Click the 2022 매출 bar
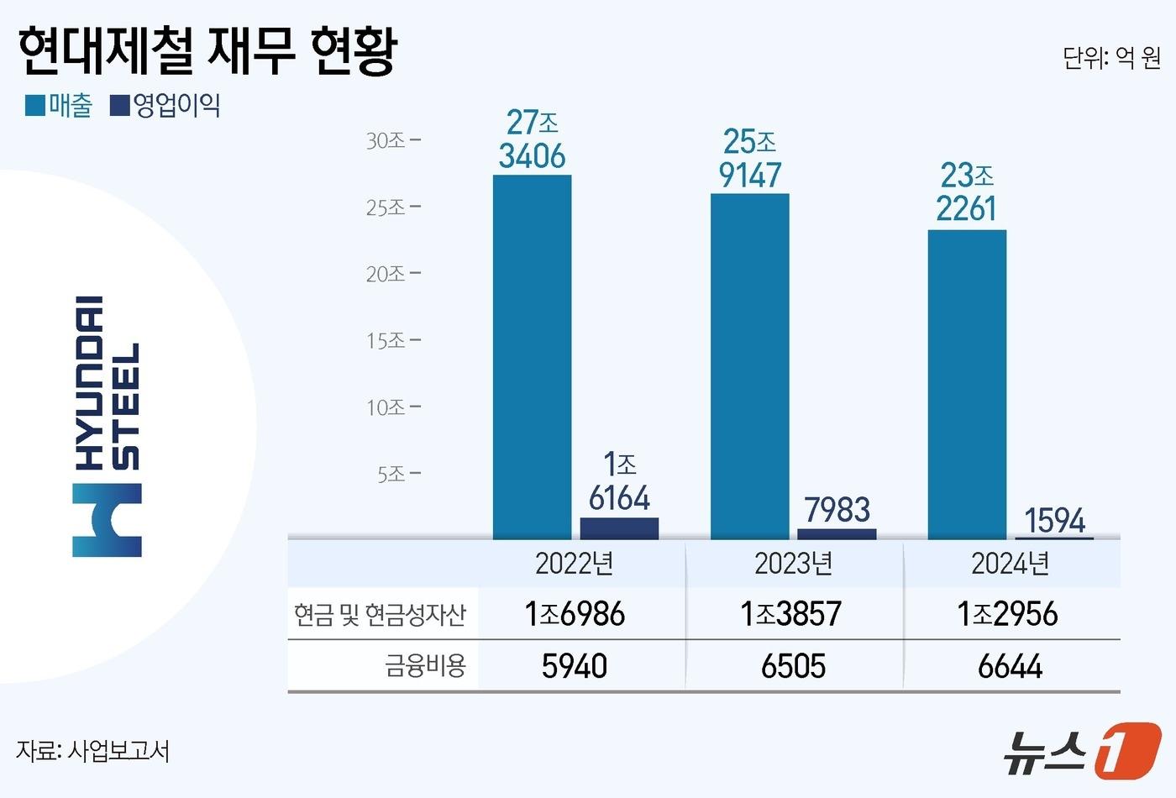(532, 357)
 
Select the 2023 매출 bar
(749, 366)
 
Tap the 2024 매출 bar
(967, 385)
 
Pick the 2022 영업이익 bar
(619, 528)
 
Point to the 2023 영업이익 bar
(836, 534)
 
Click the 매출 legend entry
(59, 106)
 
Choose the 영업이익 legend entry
(165, 106)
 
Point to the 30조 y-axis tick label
(386, 141)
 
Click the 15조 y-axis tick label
(386, 341)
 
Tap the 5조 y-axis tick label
(391, 475)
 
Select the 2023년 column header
(793, 564)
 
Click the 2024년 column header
(1010, 564)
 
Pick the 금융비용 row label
(425, 666)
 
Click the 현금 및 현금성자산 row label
(380, 615)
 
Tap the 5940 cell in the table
(575, 666)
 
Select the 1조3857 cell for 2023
(790, 614)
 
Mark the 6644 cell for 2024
(1010, 666)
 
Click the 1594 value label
(1055, 521)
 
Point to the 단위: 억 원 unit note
(1110, 58)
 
